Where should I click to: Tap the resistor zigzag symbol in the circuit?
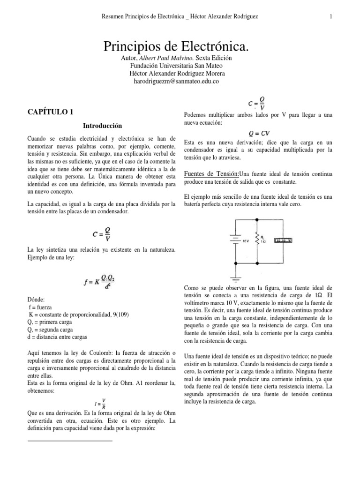[256, 240]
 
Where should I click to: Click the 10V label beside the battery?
[245, 240]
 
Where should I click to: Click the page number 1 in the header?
[331, 17]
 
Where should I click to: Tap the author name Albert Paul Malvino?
[157, 58]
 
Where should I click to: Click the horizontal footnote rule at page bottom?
[70, 441]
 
